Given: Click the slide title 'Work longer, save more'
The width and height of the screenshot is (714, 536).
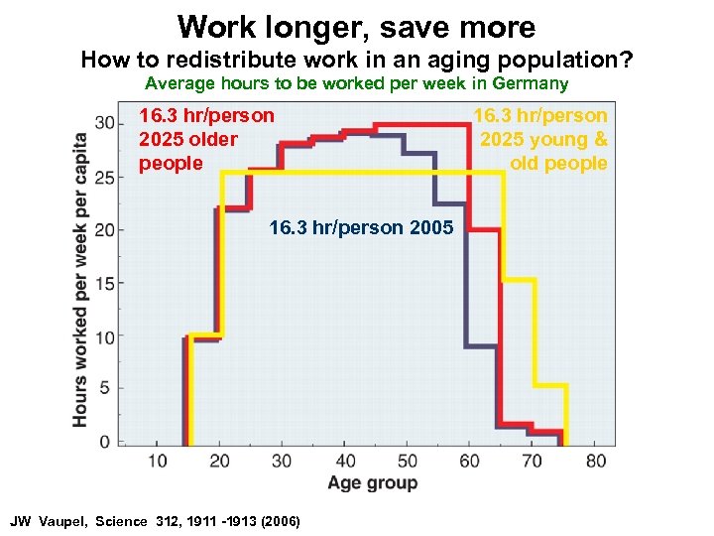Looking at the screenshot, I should [356, 26].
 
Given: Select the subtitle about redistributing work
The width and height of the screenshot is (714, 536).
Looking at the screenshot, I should [356, 60].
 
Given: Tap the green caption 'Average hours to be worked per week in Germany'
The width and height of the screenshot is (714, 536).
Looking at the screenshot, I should [356, 84].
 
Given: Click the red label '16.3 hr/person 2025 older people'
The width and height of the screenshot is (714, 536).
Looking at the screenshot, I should [206, 139].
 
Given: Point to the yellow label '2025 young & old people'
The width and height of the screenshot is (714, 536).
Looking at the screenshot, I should [541, 139].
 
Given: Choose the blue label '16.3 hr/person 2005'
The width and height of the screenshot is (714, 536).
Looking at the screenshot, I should [361, 228].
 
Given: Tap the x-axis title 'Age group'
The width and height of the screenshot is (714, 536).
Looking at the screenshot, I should [373, 483].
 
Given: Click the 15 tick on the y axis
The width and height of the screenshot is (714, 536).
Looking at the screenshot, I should [104, 283].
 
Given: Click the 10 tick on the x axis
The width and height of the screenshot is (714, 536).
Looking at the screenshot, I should [158, 461].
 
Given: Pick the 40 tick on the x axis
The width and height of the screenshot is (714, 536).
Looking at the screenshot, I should [346, 461].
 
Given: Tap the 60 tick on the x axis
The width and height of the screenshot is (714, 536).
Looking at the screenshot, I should [470, 461].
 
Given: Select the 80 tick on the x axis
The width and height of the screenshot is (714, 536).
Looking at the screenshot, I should [596, 461].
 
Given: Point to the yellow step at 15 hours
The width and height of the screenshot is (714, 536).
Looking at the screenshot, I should [519, 280].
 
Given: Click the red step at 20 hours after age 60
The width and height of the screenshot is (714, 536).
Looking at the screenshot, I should [483, 229].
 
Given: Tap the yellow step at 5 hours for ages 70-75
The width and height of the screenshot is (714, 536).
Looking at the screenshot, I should [550, 385].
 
